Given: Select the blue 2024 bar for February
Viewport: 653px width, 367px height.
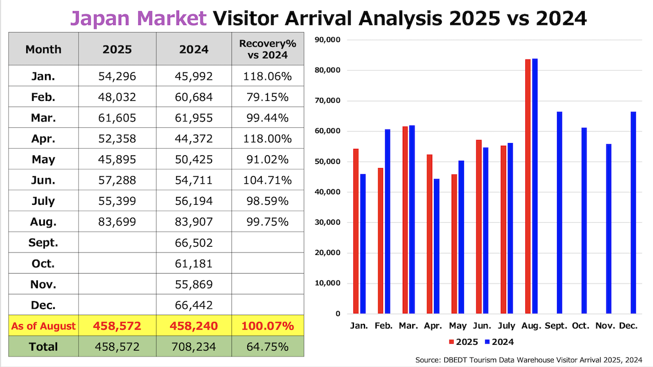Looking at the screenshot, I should tap(387, 222).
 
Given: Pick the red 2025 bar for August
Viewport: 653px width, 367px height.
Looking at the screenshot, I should tap(528, 187).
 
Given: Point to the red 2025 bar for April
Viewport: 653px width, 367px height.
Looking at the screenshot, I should tap(429, 234).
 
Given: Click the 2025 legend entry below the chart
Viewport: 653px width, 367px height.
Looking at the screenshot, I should tap(464, 342).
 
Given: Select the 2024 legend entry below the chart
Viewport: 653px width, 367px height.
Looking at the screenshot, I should tap(499, 342).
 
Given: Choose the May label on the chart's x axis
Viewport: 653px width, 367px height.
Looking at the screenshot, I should tap(458, 326).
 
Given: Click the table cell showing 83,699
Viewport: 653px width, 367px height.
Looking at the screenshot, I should tap(117, 222).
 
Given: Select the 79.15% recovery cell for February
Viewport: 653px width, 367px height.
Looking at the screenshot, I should tap(268, 97).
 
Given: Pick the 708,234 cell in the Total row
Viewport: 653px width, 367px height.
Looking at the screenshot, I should tap(194, 347).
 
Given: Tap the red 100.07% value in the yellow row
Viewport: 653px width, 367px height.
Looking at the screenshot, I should tap(268, 326).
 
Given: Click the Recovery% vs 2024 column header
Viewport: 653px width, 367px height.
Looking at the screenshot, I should tap(268, 49).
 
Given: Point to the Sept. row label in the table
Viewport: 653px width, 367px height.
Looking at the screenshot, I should tap(43, 243).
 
